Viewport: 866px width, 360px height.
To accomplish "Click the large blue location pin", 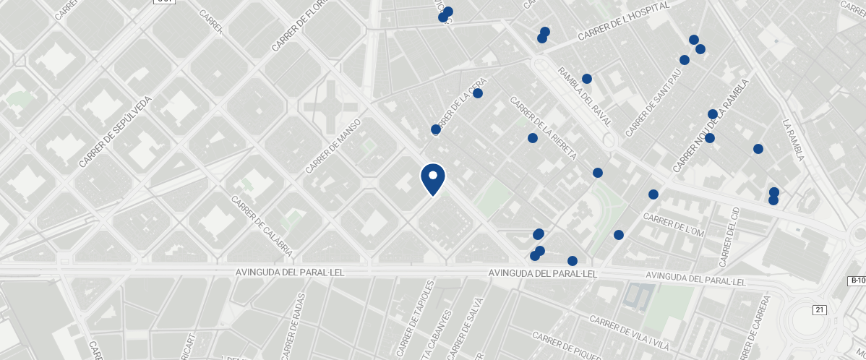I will coord(433,179).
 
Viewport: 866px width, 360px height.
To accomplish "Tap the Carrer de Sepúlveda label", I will coord(116,132).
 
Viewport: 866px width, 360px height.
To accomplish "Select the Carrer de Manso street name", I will coord(333,147).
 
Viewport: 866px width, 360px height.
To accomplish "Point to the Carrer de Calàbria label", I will coord(262,226).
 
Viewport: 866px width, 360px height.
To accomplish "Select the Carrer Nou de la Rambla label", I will coord(709,126).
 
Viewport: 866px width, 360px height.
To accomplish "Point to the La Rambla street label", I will coord(793,140).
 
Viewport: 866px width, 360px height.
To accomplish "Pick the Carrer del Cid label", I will coord(729,236).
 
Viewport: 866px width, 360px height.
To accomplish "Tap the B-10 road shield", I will coord(857,280).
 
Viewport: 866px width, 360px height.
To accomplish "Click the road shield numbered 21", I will coord(819,310).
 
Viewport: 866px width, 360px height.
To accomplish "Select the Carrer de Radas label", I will coord(291,325).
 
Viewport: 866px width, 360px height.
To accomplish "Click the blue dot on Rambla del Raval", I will coord(587,79).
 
